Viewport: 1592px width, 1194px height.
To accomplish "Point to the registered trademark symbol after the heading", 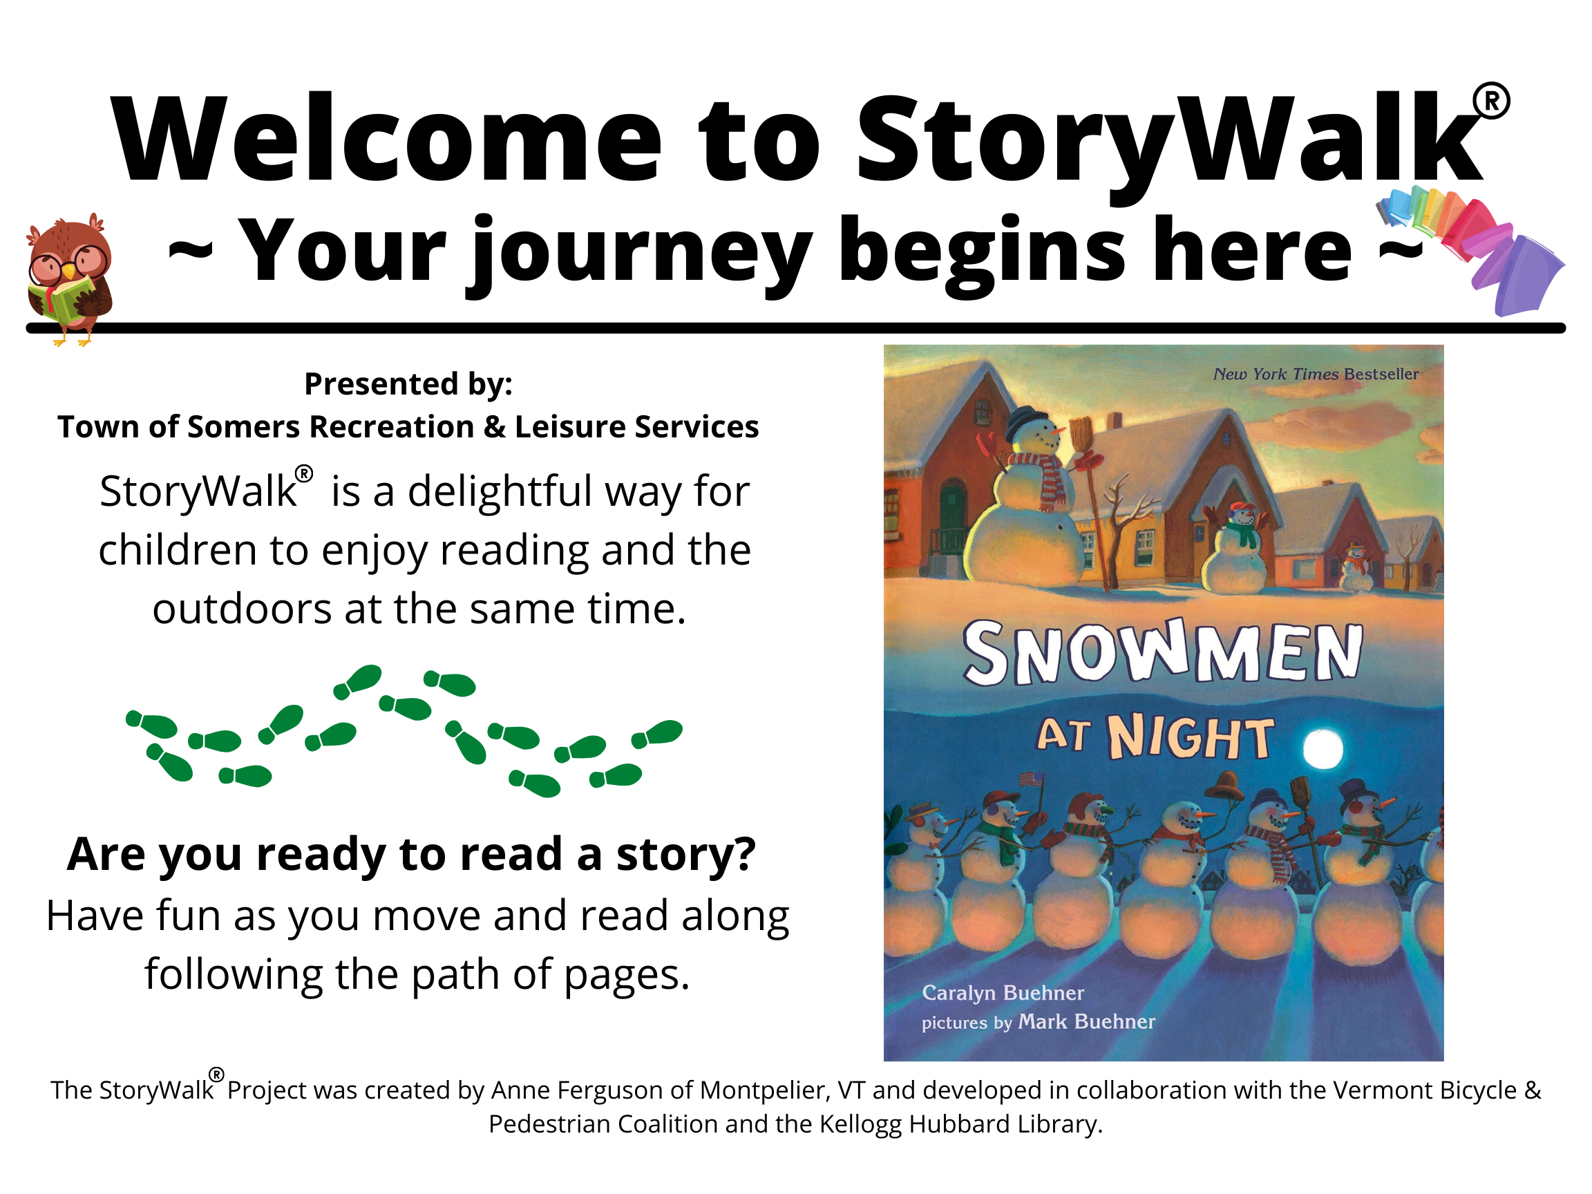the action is coord(1492,102).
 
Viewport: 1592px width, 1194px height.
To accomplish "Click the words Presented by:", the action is coord(408,384).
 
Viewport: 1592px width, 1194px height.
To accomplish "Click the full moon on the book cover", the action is coord(1322,748).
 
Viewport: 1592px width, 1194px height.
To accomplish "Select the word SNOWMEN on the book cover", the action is coord(1162,652).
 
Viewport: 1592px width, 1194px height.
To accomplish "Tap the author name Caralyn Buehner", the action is coord(1003,993).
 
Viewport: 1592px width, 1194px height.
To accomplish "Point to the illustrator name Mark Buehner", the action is coord(1086,1022).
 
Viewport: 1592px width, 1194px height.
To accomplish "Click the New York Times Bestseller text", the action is coord(1316,375).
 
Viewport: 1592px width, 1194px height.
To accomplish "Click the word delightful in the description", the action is coord(500,491).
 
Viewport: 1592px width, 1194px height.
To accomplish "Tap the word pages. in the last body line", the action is coord(627,976).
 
